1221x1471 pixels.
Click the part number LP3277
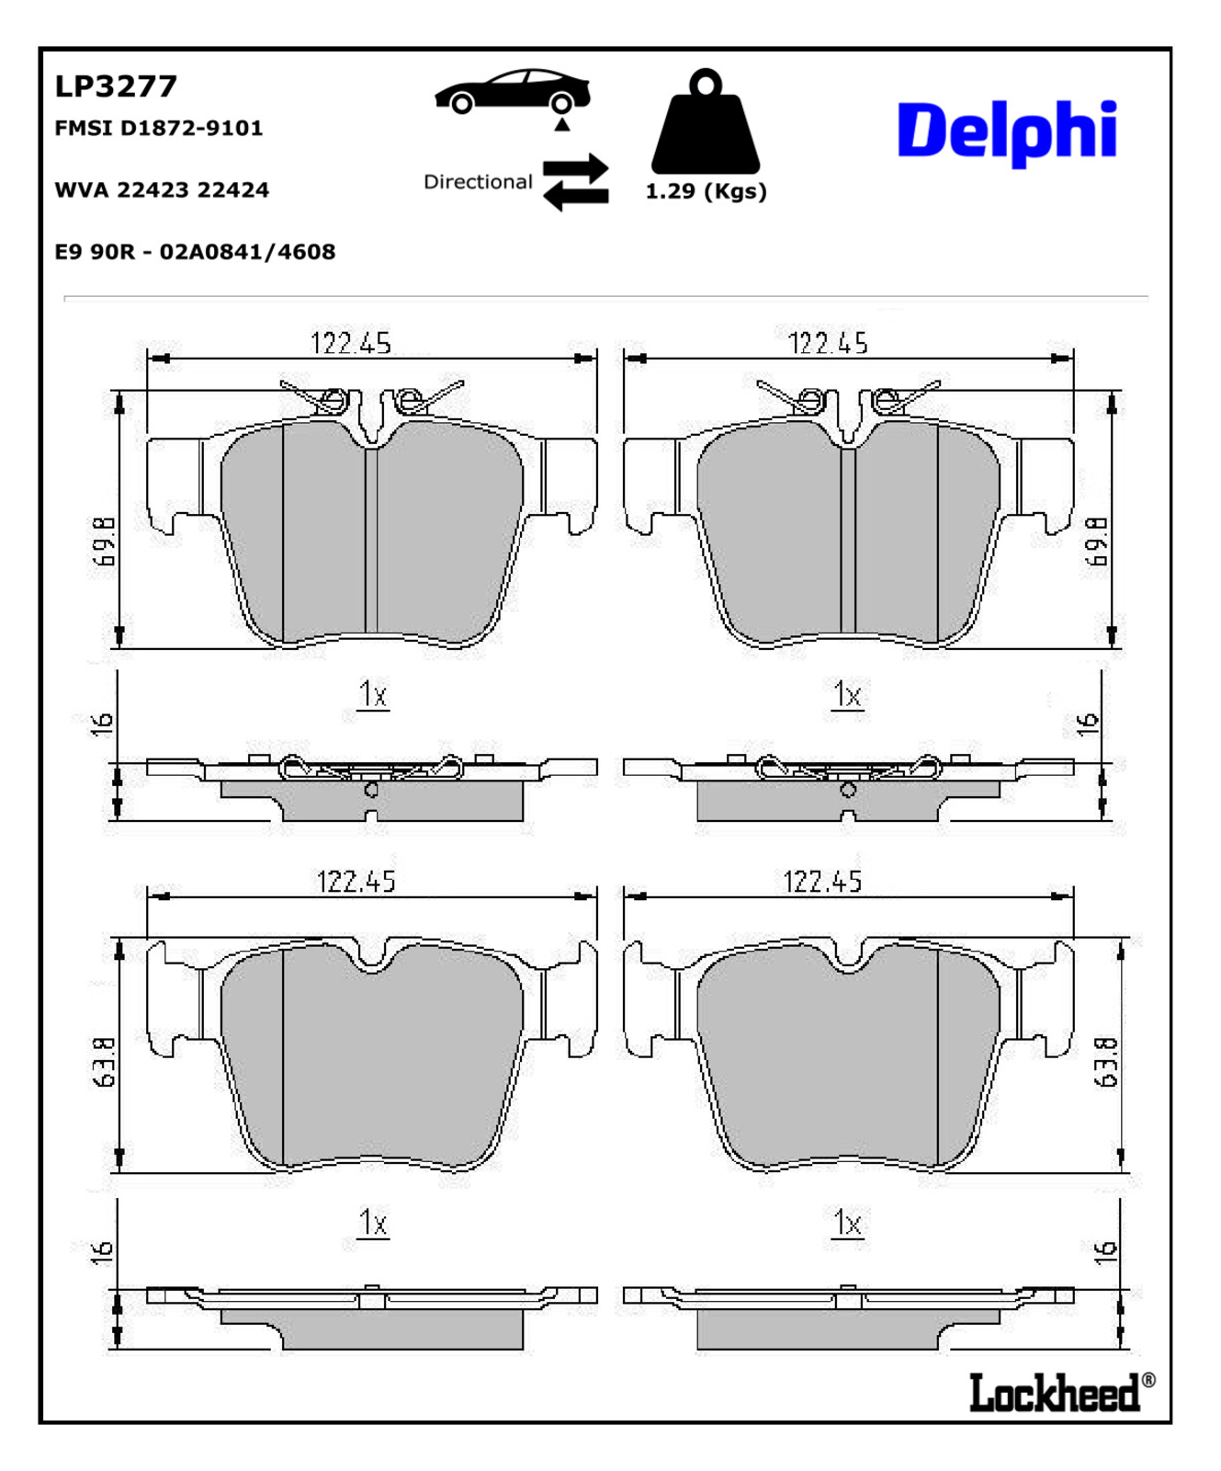coord(116,86)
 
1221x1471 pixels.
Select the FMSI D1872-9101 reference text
coord(159,128)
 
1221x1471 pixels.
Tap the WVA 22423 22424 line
coord(162,190)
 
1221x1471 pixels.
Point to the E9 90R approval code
coord(195,252)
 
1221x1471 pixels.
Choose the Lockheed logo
coord(1062,1392)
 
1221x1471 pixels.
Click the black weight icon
coord(706,120)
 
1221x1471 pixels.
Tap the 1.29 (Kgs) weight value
coord(706,191)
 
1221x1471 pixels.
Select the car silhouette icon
coord(513,91)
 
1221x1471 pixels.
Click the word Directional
coord(478,182)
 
